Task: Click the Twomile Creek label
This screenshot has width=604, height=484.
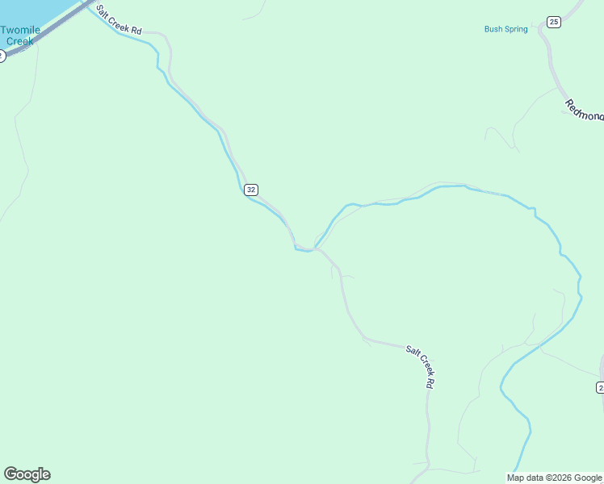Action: (x=20, y=35)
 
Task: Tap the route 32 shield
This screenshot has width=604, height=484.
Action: (x=251, y=190)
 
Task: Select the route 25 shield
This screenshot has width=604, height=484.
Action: (x=553, y=22)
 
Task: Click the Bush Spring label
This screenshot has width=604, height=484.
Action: (x=505, y=29)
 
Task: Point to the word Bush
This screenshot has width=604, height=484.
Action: (x=493, y=29)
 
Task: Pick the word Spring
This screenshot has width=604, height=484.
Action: (x=515, y=29)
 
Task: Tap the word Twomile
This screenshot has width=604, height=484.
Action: (x=20, y=30)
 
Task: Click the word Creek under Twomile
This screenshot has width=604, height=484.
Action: (x=20, y=40)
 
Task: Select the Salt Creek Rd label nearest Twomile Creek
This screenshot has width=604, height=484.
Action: (x=119, y=20)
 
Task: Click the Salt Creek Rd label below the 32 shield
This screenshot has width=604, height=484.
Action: (x=421, y=368)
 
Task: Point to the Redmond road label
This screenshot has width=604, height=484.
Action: (x=584, y=111)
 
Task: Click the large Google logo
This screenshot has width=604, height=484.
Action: (x=27, y=474)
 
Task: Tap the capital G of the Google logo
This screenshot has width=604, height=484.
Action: (x=10, y=474)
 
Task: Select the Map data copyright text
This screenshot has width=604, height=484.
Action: (x=554, y=478)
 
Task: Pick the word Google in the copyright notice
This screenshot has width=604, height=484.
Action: (x=589, y=478)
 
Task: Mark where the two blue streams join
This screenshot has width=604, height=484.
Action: (x=313, y=248)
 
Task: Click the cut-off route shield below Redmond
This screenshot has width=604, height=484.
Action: (x=600, y=387)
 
